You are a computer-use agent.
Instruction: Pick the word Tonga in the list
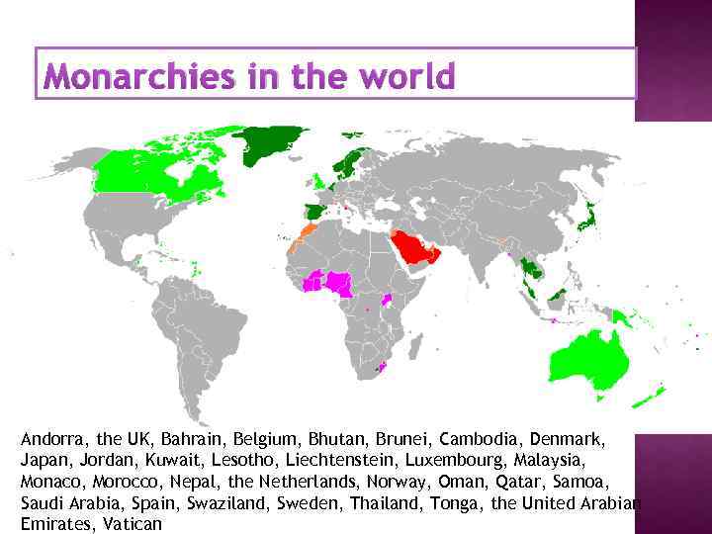[x=452, y=502]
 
